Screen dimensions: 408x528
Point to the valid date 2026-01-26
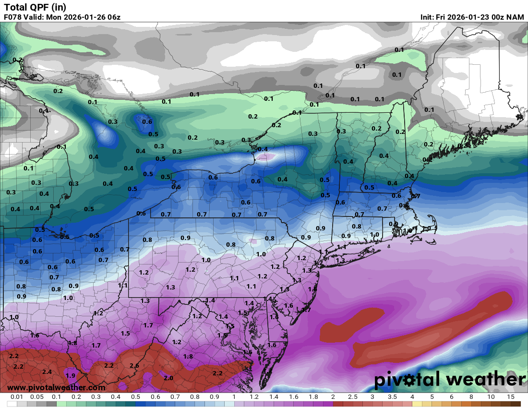pyautogui.click(x=83, y=17)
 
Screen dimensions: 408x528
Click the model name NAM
pyautogui.click(x=516, y=17)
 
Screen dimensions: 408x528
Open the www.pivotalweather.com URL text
pyautogui.click(x=57, y=387)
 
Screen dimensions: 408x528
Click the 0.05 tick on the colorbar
pyautogui.click(x=37, y=397)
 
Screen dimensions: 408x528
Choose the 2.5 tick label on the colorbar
pyautogui.click(x=353, y=397)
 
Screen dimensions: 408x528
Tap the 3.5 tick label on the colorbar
pyautogui.click(x=392, y=397)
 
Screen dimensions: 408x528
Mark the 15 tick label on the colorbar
pyautogui.click(x=511, y=397)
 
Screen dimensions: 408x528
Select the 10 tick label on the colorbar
pyautogui.click(x=491, y=397)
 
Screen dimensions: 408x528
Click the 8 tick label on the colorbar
pyautogui.click(x=471, y=397)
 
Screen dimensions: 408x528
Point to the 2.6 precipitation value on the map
pyautogui.click(x=134, y=366)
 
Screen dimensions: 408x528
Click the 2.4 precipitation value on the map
pyautogui.click(x=47, y=372)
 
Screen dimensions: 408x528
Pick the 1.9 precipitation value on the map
pyautogui.click(x=71, y=375)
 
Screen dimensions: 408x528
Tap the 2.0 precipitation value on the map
pyautogui.click(x=168, y=378)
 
